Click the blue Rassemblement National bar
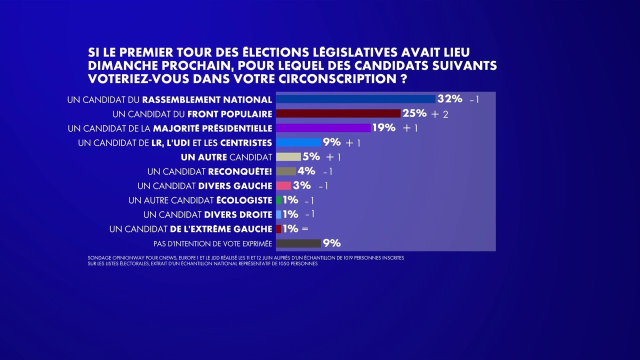point(355,99)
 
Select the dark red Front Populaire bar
point(338,113)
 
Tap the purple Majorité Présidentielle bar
point(323,128)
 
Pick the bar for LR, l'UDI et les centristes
point(298,142)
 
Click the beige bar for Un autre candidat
point(288,157)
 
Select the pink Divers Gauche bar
point(283,185)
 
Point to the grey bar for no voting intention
point(298,243)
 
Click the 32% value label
point(449,98)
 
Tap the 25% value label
point(414,113)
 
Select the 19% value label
point(383,128)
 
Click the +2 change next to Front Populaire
point(439,114)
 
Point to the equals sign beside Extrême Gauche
point(305,229)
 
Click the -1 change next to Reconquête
point(327,172)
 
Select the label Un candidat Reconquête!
point(209,171)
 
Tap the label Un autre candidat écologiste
point(200,200)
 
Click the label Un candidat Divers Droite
point(207,214)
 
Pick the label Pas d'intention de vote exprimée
point(212,243)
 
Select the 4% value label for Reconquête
point(306,171)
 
